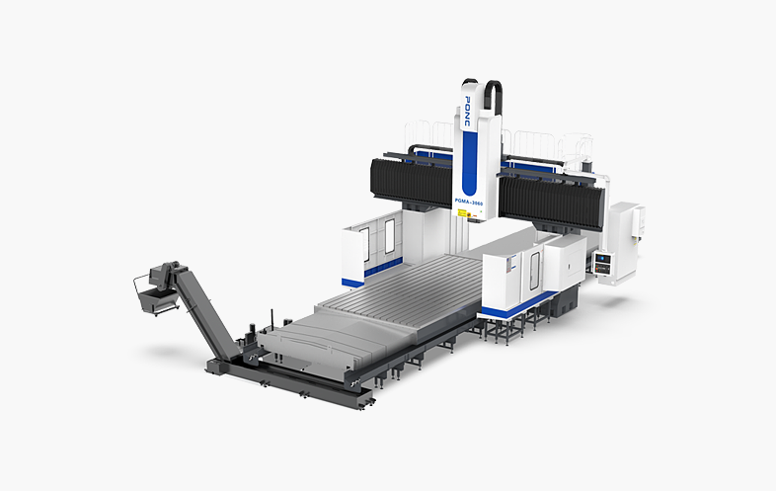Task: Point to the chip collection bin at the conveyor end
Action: pyautogui.click(x=150, y=294)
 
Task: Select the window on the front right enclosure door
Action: pyautogui.click(x=533, y=268)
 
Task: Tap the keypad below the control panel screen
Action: pyautogui.click(x=603, y=270)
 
